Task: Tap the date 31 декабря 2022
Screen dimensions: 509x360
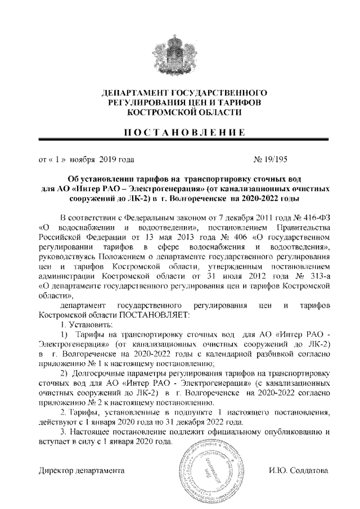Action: tap(209, 422)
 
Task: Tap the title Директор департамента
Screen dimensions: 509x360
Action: tap(81, 470)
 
